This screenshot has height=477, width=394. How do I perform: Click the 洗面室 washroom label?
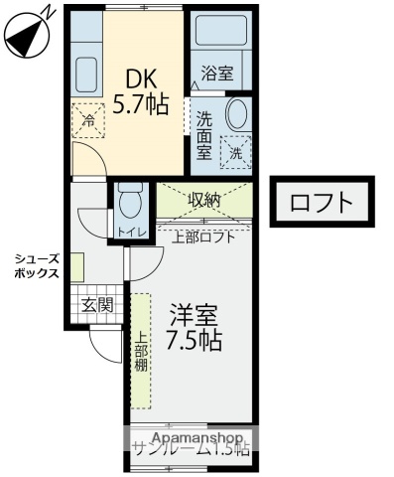point(204,135)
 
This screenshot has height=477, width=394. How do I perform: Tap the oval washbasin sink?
point(237,113)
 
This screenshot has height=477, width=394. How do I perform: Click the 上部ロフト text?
point(203,237)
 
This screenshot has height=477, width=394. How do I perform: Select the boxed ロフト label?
point(322,203)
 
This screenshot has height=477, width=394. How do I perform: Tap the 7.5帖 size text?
point(194,341)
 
